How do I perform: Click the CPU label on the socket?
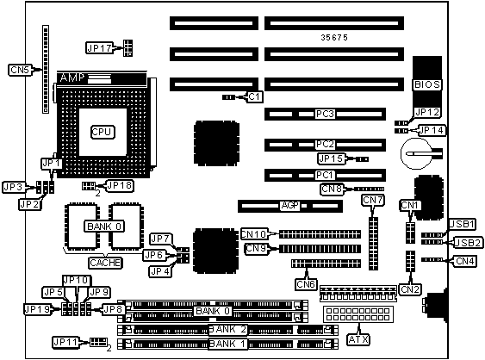[103, 133]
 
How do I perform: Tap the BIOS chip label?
[426, 84]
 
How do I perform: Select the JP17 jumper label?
[99, 48]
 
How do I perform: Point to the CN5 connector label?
[20, 70]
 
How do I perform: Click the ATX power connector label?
[358, 339]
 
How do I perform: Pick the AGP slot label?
[289, 205]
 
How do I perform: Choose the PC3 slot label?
[325, 114]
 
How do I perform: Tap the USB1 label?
[462, 224]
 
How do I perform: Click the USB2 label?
[469, 243]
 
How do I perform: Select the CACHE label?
[105, 263]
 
